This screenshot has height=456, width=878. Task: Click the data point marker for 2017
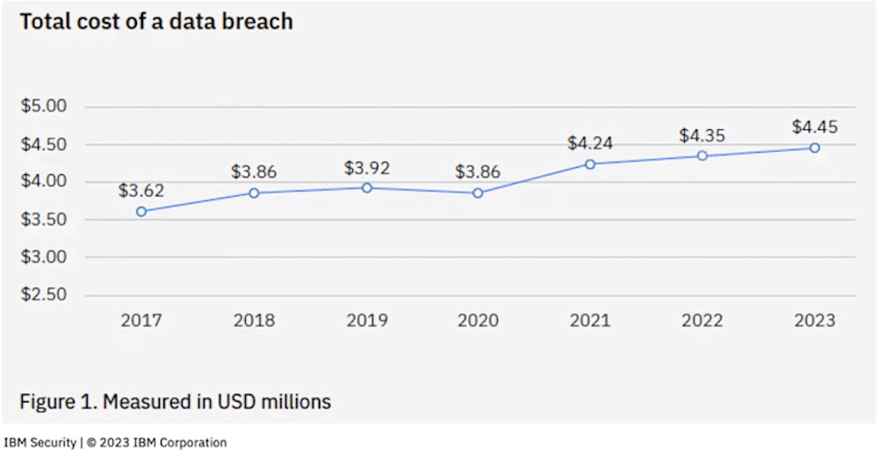[x=141, y=212]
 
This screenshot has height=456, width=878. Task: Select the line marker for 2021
[x=590, y=164]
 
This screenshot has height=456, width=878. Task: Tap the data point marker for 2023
[x=815, y=148]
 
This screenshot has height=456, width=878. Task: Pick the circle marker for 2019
[x=367, y=188]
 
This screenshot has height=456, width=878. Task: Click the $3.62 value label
[x=142, y=191]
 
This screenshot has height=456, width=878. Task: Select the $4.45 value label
[x=815, y=127]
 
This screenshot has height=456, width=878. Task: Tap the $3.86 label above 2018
[x=254, y=171]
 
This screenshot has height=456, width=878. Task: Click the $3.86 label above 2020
[x=478, y=171]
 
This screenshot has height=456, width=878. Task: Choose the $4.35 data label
[x=702, y=135]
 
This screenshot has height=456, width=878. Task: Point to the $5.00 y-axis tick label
[x=44, y=107]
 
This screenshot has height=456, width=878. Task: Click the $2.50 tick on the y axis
[x=44, y=294]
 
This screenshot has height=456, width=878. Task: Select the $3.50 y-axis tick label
[x=44, y=220]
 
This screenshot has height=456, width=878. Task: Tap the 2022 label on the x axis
[x=702, y=321]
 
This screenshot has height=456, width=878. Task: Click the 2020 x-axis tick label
[x=478, y=321]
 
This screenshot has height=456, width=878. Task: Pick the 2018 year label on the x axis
[x=254, y=321]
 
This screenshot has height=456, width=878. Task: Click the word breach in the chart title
[x=257, y=22]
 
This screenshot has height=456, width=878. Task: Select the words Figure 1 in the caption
[x=56, y=402]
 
